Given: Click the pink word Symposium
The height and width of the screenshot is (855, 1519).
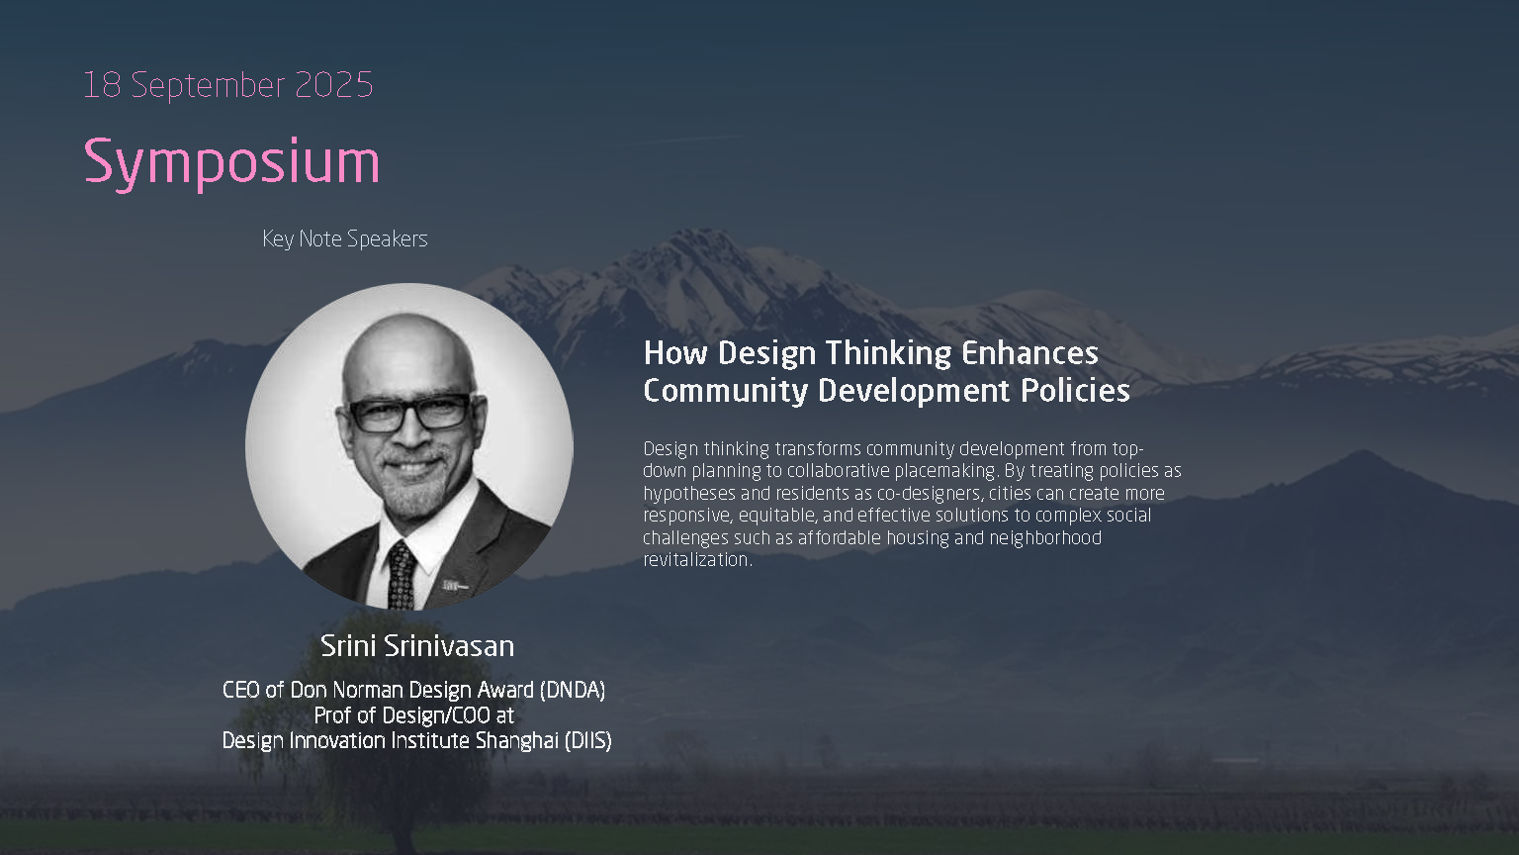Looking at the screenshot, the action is pyautogui.click(x=231, y=163).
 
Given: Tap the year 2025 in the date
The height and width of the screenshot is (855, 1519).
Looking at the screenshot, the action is pyautogui.click(x=333, y=85).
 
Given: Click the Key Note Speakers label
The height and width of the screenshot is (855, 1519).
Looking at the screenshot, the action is pyautogui.click(x=344, y=238).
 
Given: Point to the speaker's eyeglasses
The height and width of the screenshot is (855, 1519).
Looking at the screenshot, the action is pyautogui.click(x=408, y=414).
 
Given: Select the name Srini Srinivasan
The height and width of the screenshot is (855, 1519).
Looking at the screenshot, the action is pyautogui.click(x=417, y=646).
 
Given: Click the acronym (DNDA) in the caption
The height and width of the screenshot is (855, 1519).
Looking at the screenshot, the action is pyautogui.click(x=573, y=690).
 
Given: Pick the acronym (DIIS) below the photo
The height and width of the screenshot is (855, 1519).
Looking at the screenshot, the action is pyautogui.click(x=588, y=740).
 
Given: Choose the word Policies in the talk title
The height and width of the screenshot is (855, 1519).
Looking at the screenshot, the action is pyautogui.click(x=1076, y=391).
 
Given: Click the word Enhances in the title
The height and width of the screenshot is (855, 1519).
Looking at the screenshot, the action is pyautogui.click(x=1029, y=353).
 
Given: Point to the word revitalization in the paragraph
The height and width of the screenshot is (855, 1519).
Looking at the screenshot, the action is pyautogui.click(x=698, y=560).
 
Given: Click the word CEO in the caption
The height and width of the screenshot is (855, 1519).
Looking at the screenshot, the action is pyautogui.click(x=240, y=690).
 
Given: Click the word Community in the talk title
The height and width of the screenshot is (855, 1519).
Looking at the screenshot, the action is pyautogui.click(x=726, y=392).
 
